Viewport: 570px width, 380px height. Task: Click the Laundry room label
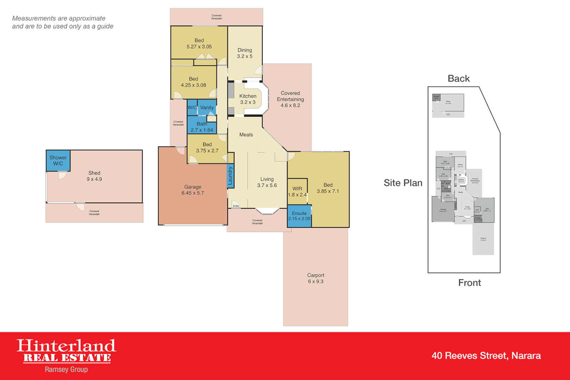coord(230,176)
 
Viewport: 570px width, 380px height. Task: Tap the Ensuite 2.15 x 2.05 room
coord(299,216)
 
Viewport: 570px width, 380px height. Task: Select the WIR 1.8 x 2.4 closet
coord(297,192)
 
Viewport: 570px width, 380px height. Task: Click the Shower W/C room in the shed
coord(58,160)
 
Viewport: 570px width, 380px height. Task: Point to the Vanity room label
coord(207,108)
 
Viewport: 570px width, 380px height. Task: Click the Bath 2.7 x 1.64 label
coord(202,127)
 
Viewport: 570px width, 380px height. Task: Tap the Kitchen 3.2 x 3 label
coord(248,99)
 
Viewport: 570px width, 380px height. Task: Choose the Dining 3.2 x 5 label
coord(245,53)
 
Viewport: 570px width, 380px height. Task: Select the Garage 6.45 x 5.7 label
coord(192,190)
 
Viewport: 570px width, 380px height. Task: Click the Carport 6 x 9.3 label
coord(316,278)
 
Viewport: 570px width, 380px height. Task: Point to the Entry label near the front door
coord(236,206)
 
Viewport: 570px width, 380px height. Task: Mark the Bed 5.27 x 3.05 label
coord(199,44)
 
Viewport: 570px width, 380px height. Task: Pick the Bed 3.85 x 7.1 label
coord(328,188)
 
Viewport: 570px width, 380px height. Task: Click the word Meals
coord(246,135)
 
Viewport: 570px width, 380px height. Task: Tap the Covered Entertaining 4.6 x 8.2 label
coord(290,99)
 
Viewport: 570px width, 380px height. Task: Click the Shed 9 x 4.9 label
coord(94,176)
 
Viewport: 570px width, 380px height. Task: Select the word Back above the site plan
coord(458,78)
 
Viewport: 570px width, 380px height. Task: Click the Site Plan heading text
coord(403,183)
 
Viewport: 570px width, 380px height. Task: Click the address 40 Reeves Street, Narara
coord(486,356)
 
